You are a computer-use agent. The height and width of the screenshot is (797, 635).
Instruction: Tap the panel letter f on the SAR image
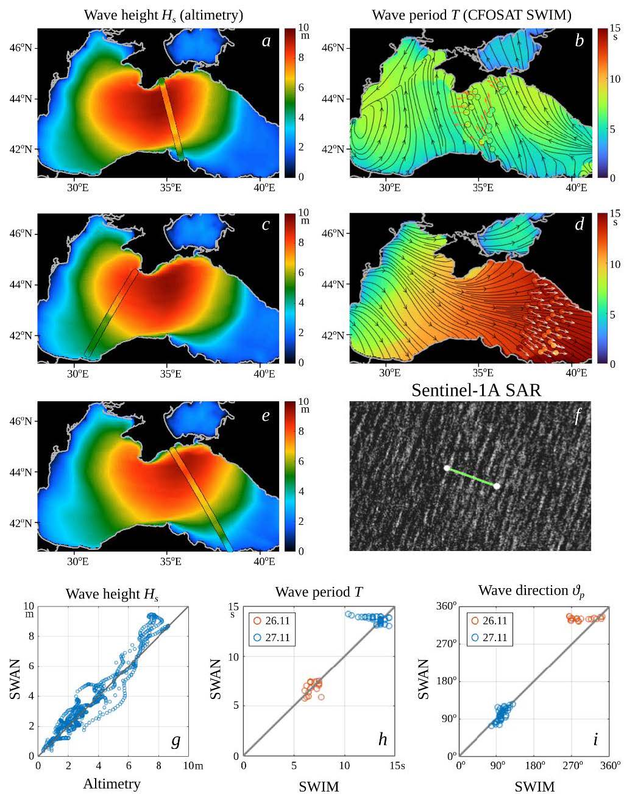pos(578,416)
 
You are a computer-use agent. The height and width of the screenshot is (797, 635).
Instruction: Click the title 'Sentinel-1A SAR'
pos(476,390)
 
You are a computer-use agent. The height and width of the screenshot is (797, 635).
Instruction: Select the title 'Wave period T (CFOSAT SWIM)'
pos(471,15)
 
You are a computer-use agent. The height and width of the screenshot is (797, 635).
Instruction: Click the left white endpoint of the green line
pos(447,468)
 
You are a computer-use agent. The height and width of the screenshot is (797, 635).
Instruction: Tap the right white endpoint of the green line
pos(497,486)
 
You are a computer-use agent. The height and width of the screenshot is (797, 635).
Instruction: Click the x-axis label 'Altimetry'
pos(112,784)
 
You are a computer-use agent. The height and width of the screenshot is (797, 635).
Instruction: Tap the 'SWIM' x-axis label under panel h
pos(319,786)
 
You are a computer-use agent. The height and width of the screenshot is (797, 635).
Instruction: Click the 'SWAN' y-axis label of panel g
pos(16,681)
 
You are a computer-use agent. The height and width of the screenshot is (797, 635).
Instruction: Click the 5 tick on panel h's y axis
pos(235,706)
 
